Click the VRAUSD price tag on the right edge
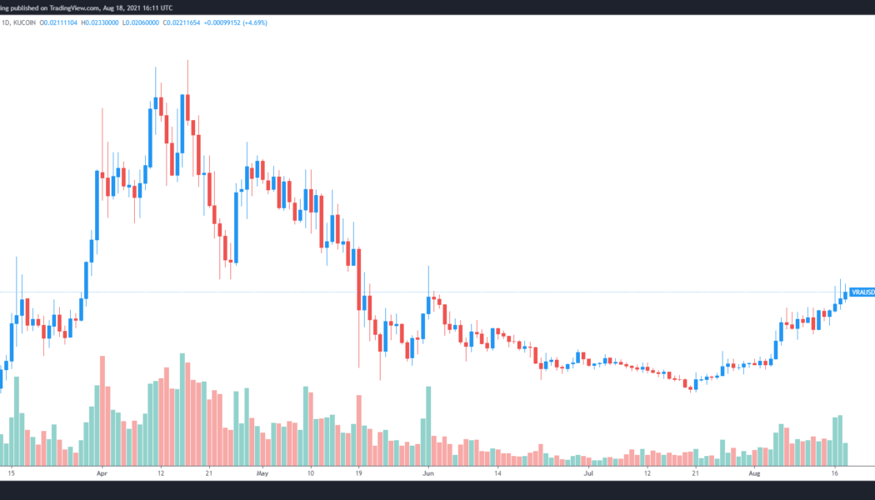(862, 292)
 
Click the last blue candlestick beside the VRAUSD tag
(846, 294)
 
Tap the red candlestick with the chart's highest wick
(188, 108)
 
